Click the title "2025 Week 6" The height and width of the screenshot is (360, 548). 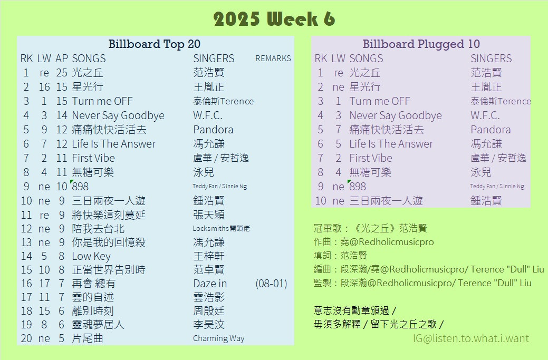point(274,19)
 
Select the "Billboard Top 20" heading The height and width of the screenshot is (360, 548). point(154,44)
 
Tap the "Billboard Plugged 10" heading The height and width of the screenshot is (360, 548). point(421,44)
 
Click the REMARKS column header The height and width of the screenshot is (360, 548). point(273,59)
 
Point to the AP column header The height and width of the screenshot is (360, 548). point(62,59)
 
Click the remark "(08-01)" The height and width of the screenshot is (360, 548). point(271,284)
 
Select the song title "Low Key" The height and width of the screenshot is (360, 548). point(91,256)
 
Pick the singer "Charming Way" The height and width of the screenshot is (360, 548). point(219,338)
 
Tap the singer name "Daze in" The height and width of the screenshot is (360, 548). point(210,284)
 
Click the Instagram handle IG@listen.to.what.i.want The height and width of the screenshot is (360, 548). point(471,338)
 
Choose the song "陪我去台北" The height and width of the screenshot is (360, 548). point(98,229)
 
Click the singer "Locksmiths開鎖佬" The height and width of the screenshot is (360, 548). point(221,228)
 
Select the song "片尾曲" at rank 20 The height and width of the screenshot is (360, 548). point(88,338)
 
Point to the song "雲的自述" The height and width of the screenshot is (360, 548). point(93,297)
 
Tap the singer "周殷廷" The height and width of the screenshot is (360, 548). point(209,311)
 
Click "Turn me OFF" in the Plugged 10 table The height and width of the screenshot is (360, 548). point(380,101)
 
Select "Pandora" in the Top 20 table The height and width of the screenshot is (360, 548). point(213,130)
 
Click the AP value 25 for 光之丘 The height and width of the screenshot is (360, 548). point(62,73)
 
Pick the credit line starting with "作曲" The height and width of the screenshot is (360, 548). point(373,242)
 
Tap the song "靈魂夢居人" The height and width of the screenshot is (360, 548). point(98,325)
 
